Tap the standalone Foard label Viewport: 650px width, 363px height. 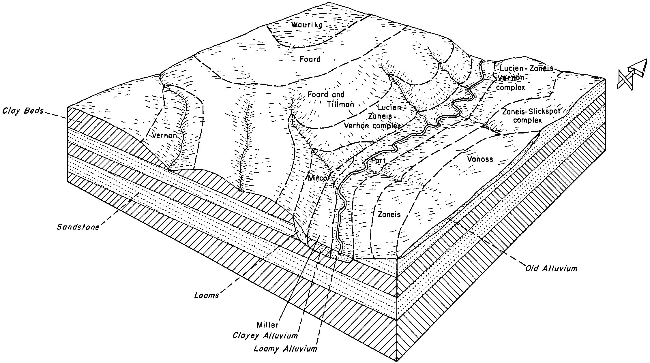310,59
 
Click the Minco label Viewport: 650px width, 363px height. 318,178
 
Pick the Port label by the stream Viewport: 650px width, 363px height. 378,161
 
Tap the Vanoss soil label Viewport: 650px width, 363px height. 480,159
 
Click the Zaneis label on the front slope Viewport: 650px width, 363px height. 389,214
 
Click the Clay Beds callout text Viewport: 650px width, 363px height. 23,111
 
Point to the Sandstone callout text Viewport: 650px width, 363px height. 78,227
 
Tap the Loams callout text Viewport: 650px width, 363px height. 207,296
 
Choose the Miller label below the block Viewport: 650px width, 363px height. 267,325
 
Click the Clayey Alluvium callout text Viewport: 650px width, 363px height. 265,336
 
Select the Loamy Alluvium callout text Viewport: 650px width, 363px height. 285,349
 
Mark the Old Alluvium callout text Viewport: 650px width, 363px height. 551,269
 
